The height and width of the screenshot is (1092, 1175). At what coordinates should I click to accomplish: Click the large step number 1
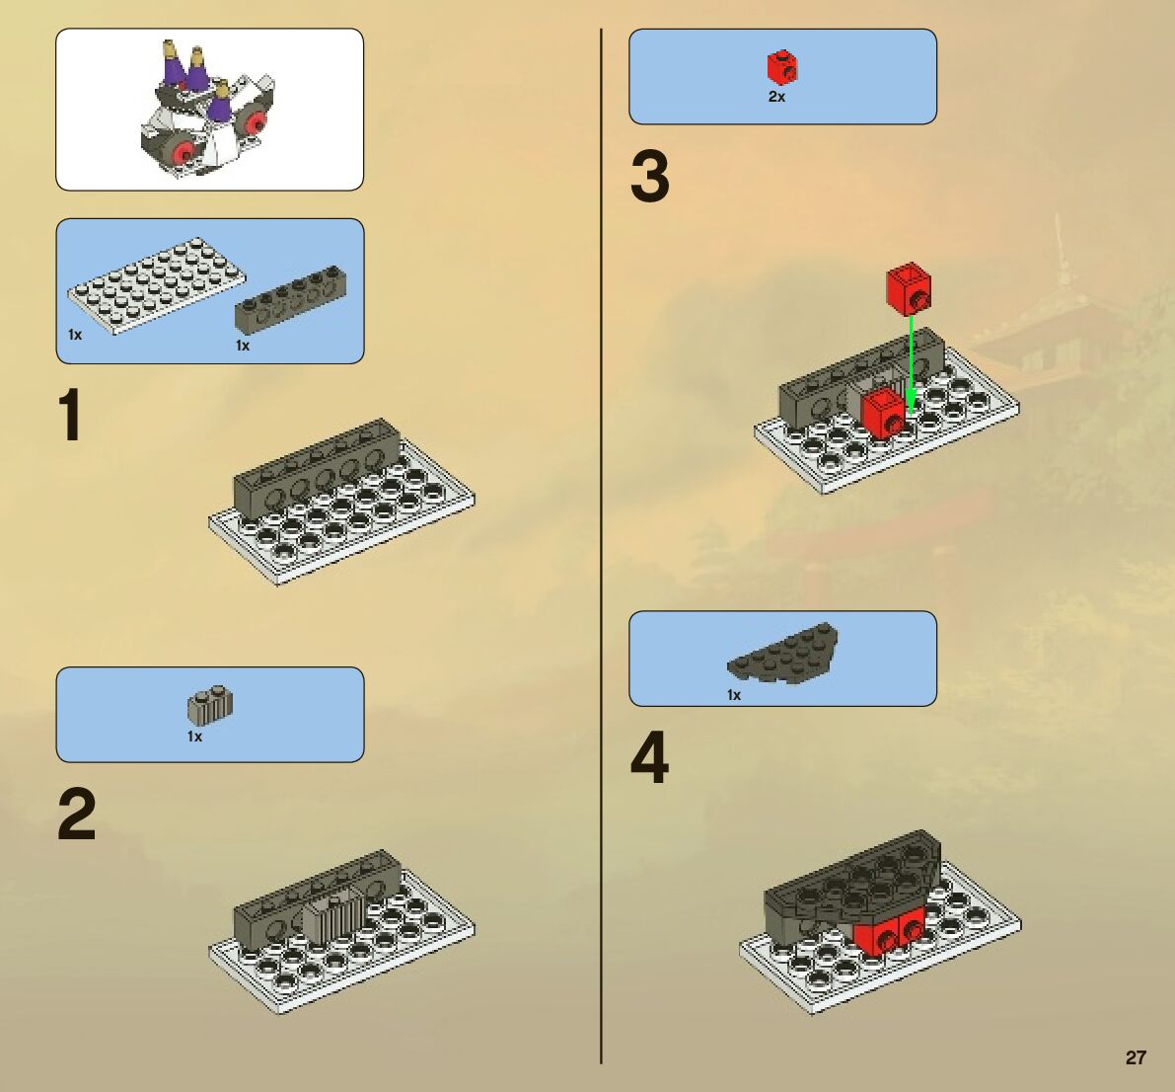(70, 415)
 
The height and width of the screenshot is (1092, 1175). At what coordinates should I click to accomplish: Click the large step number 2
(76, 814)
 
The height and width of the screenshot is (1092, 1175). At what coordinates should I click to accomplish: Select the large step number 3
(650, 177)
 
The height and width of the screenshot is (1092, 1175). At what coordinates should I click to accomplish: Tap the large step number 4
(650, 758)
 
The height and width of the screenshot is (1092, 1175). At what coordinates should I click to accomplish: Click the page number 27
(1137, 1057)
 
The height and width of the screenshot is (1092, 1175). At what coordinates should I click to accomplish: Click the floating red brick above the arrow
(909, 288)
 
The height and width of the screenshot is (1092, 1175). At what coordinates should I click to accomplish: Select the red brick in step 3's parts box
(781, 67)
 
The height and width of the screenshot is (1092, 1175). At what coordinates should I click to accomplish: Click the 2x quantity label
(776, 97)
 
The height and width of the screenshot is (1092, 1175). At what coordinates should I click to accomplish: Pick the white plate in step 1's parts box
(157, 285)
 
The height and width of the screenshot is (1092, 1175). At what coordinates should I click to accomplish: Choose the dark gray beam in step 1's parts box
(291, 298)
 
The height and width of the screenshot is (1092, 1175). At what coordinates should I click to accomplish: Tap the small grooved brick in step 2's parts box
(210, 703)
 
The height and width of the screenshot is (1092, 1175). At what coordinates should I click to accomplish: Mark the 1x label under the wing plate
(734, 695)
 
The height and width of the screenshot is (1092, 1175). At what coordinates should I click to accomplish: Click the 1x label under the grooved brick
(194, 738)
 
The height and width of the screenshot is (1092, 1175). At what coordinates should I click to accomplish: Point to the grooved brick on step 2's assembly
(333, 915)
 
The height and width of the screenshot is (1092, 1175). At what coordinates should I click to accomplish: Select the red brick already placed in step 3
(884, 413)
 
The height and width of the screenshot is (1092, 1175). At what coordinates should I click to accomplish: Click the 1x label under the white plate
(75, 336)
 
